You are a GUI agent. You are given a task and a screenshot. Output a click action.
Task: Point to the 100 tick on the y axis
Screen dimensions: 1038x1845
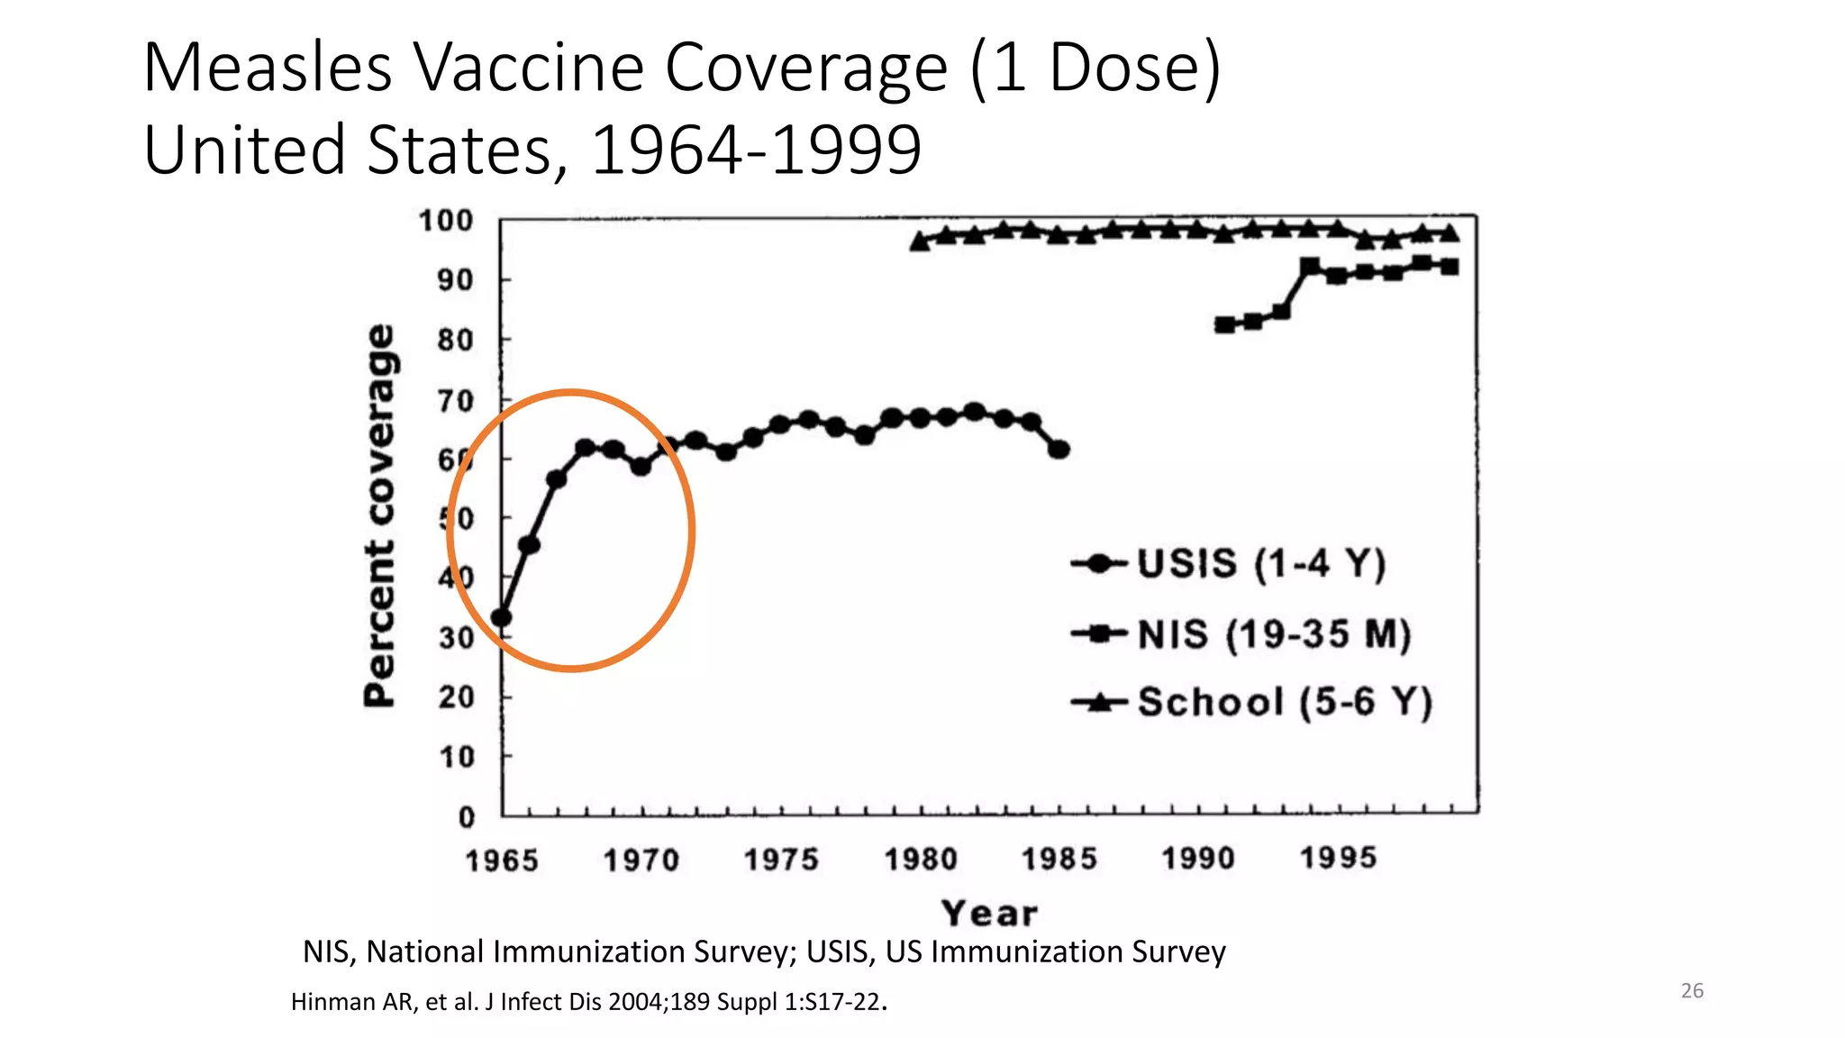pyautogui.click(x=445, y=221)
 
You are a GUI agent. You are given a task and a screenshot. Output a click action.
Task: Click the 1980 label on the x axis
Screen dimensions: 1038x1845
pyautogui.click(x=920, y=860)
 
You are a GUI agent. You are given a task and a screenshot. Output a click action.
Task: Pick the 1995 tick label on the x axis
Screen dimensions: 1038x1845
pyautogui.click(x=1338, y=858)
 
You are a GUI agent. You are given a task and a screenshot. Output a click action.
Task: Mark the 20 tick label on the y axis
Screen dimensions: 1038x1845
pyautogui.click(x=456, y=697)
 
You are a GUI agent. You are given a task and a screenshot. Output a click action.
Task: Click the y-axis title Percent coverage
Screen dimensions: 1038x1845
pyautogui.click(x=380, y=515)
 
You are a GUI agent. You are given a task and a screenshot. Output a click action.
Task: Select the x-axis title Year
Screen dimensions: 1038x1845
pyautogui.click(x=989, y=914)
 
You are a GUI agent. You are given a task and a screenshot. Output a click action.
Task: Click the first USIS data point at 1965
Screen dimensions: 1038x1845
pyautogui.click(x=502, y=618)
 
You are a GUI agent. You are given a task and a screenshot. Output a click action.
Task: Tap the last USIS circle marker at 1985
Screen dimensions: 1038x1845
pyautogui.click(x=1059, y=449)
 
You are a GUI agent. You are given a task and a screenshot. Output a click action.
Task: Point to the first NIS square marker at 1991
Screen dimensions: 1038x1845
pyautogui.click(x=1224, y=324)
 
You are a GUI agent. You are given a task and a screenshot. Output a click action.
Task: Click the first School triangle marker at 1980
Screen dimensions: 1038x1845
pyautogui.click(x=920, y=241)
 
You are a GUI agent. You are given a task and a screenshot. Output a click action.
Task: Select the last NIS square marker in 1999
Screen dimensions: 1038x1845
pyautogui.click(x=1450, y=267)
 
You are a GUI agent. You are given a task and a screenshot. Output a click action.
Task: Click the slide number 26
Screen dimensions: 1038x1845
pyautogui.click(x=1692, y=990)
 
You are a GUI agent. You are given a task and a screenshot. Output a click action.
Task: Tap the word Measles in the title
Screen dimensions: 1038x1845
pyautogui.click(x=268, y=68)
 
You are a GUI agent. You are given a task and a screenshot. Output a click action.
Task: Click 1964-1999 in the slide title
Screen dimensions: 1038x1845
pyautogui.click(x=756, y=150)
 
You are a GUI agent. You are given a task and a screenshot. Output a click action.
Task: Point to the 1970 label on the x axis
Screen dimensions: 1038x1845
pyautogui.click(x=641, y=860)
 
